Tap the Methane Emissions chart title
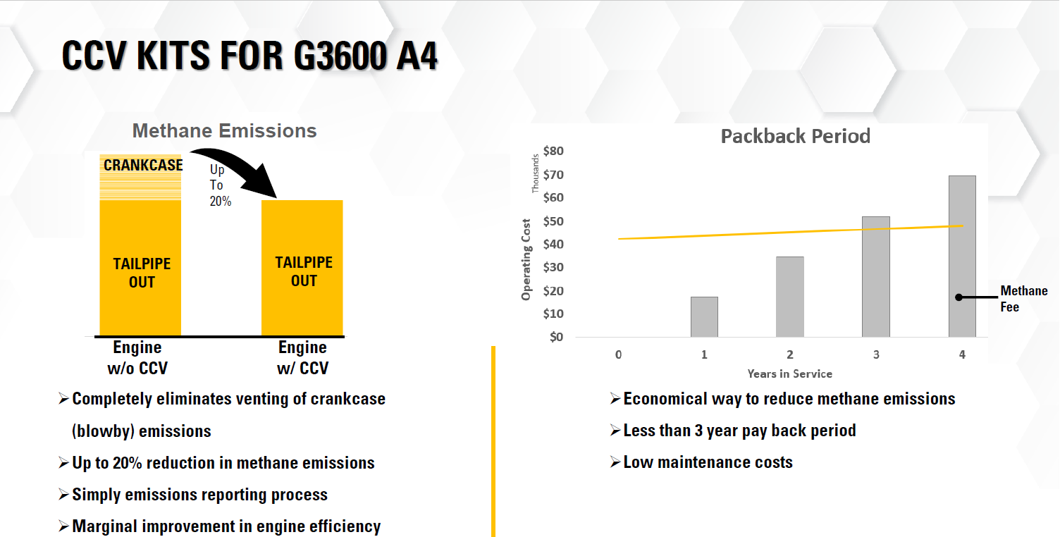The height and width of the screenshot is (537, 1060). [x=224, y=131]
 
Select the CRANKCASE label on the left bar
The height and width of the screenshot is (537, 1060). [x=143, y=166]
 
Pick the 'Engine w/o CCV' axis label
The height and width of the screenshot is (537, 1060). [x=137, y=358]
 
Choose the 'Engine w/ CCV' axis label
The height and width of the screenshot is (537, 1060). [x=302, y=358]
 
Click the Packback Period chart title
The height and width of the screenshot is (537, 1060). [x=795, y=136]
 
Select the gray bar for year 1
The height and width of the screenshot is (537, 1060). [x=704, y=316]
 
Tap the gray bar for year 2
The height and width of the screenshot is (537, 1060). [x=790, y=297]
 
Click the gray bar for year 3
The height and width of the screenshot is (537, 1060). [x=876, y=276]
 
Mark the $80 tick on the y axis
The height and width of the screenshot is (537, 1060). [x=553, y=151]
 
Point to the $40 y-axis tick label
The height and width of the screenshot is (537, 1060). [x=553, y=244]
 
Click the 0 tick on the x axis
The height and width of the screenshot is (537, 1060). [x=618, y=355]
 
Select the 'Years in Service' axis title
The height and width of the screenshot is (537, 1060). [x=789, y=374]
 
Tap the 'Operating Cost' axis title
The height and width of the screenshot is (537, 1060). [x=526, y=259]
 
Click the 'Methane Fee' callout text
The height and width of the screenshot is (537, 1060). [x=1023, y=299]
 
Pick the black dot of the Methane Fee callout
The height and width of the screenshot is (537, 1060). [x=959, y=297]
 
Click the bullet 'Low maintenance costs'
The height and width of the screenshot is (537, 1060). [x=708, y=463]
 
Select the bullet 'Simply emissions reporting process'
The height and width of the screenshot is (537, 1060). [x=199, y=495]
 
